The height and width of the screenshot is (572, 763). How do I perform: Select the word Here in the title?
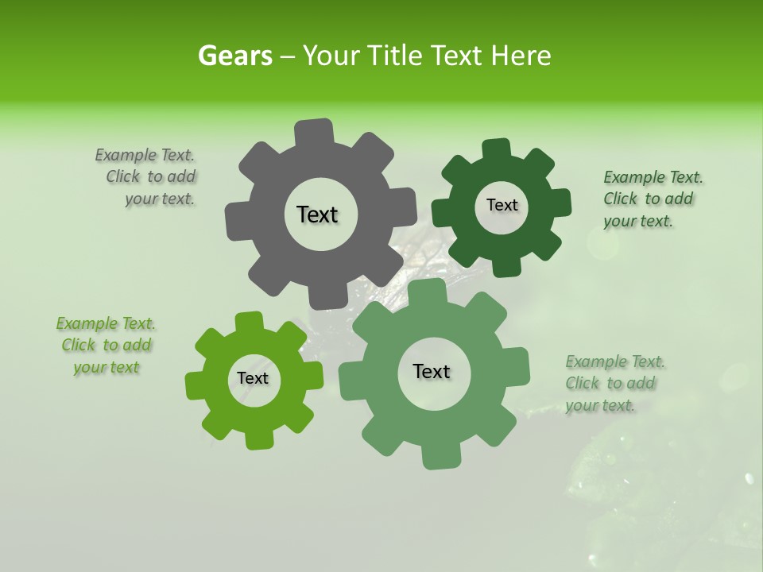tap(521, 56)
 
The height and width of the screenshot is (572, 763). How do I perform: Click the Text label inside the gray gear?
tap(317, 214)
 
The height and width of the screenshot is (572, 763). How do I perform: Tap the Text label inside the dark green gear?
tap(502, 205)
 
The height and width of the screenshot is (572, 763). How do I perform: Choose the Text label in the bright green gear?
tap(253, 378)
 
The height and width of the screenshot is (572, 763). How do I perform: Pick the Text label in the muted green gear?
tap(432, 371)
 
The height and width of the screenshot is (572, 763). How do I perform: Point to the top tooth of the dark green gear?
tap(497, 149)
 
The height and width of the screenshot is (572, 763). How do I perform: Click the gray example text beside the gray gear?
tap(151, 177)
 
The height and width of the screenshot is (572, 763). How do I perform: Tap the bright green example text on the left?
tap(106, 346)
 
